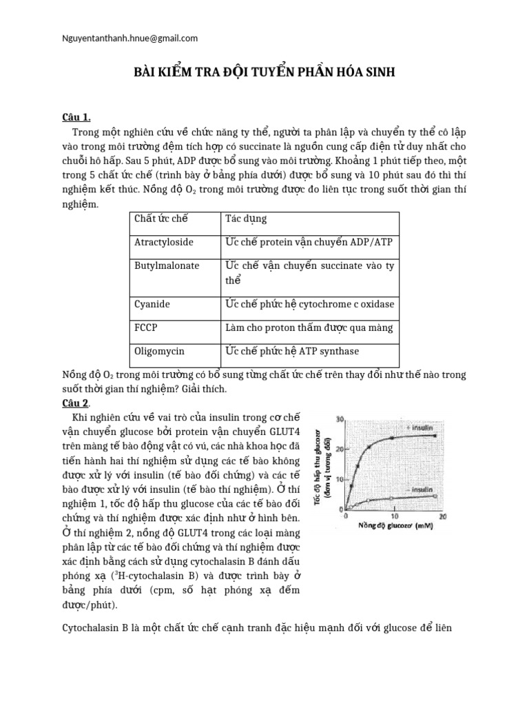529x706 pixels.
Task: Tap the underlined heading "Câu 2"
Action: [76, 403]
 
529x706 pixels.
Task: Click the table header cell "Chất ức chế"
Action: [162, 219]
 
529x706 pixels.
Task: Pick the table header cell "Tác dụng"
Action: [246, 219]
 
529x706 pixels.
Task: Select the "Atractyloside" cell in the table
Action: [164, 242]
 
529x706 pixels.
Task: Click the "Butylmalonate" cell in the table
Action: [167, 265]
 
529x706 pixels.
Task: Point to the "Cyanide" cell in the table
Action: [152, 303]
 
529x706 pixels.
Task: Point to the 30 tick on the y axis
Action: [338, 420]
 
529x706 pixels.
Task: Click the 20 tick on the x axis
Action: [442, 516]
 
